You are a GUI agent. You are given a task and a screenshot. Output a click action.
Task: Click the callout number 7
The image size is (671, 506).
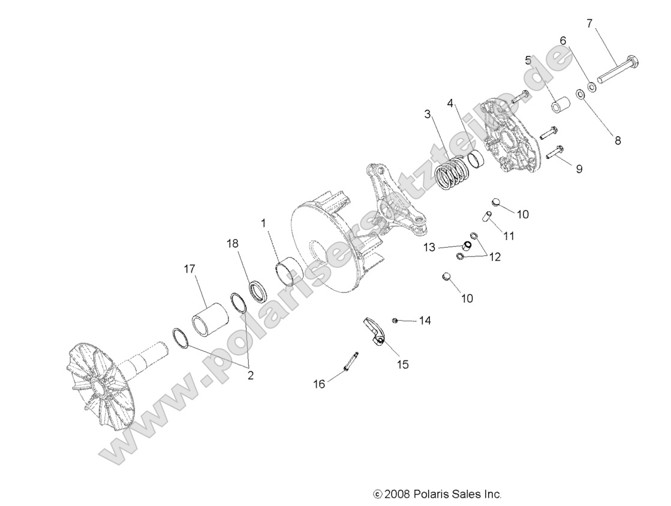(x=589, y=24)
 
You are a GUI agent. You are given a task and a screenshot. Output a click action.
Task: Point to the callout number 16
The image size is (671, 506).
(x=320, y=384)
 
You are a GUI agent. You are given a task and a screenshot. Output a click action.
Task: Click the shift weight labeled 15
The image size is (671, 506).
(x=375, y=332)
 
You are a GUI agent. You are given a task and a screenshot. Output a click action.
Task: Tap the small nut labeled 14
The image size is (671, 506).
(x=396, y=321)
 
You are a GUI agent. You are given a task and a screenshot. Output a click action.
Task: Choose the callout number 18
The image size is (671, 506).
(x=232, y=244)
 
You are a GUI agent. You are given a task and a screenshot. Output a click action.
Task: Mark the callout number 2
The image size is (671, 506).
(x=250, y=376)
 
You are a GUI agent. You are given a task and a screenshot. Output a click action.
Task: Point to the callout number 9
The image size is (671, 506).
(x=579, y=170)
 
